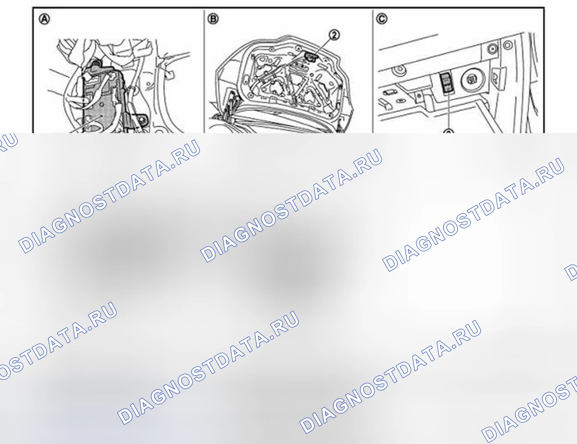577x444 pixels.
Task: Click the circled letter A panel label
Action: (45, 19)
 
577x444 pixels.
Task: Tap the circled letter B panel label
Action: (213, 19)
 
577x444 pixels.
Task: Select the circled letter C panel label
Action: (381, 19)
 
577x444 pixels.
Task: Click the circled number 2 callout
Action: (334, 35)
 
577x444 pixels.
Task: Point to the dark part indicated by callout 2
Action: (311, 57)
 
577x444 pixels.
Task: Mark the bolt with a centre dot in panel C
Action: (492, 48)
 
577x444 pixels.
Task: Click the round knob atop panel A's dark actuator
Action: (95, 63)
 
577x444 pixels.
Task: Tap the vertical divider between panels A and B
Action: (204, 71)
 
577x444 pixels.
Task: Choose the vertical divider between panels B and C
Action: (372, 71)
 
